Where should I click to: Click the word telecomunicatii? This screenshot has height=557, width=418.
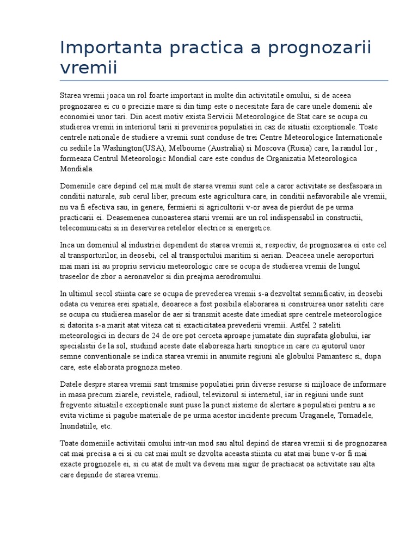pyautogui.click(x=87, y=228)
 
